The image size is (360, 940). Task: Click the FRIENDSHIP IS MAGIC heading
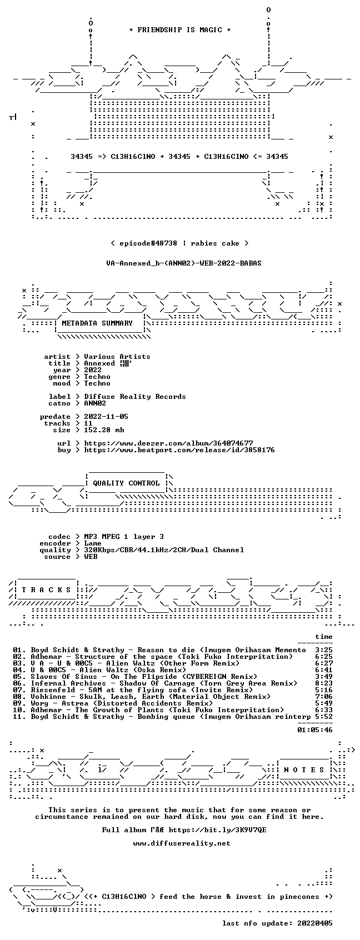[179, 30]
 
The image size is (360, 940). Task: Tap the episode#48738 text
[148, 243]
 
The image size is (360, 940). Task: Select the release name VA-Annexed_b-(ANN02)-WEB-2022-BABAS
[184, 263]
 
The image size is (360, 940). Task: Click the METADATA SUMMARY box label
[97, 323]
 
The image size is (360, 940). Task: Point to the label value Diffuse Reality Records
[134, 397]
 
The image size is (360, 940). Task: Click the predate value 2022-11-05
[106, 417]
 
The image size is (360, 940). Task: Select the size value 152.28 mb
[104, 430]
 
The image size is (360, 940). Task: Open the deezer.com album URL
[168, 443]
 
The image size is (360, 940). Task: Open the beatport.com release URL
[179, 450]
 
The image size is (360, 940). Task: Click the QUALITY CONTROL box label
[126, 483]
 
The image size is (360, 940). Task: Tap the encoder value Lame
[93, 543]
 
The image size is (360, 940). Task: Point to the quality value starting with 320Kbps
[164, 550]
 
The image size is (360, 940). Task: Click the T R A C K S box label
[46, 590]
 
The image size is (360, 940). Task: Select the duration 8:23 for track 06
[324, 683]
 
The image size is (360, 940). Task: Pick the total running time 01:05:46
[314, 730]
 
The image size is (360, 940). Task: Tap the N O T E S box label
[304, 770]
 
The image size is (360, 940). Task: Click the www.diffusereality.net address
[182, 843]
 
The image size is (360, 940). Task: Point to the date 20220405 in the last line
[314, 923]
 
